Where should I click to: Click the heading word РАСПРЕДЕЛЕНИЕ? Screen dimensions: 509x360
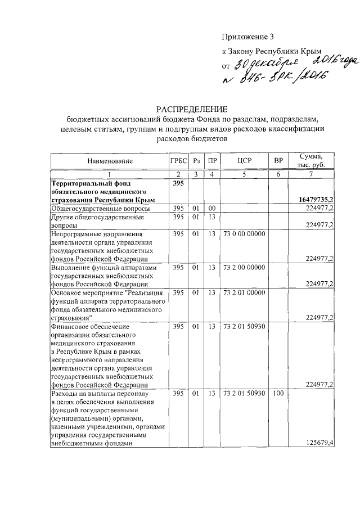pos(191,109)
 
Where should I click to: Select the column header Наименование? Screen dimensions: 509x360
pos(110,161)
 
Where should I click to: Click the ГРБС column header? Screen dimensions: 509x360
pos(178,161)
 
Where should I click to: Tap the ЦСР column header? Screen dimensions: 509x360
pos(245,161)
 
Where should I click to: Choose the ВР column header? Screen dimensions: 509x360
pos(278,161)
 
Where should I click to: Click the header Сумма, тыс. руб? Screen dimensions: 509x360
pos(310,161)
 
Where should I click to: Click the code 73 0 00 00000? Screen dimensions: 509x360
pos(245,233)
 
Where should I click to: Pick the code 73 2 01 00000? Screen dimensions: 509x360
pos(245,293)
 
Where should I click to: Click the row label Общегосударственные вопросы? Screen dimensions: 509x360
pos(100,209)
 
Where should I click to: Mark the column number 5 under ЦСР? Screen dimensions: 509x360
pos(245,174)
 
